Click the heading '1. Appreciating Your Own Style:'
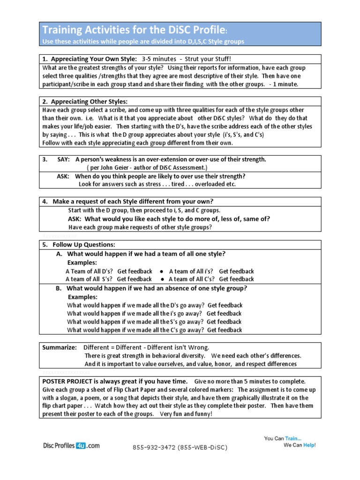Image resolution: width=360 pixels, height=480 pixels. click(89, 59)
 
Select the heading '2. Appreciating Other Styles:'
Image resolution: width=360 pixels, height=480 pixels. click(85, 101)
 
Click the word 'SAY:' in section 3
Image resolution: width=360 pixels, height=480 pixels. click(63, 159)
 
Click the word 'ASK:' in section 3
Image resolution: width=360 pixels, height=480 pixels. click(63, 176)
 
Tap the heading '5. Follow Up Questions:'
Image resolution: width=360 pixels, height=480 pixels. click(78, 245)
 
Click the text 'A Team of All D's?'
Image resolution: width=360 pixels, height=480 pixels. click(89, 271)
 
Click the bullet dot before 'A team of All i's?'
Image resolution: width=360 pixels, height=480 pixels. click(161, 271)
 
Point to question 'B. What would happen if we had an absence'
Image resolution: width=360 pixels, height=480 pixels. click(151, 288)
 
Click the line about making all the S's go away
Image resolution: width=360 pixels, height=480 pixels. click(154, 322)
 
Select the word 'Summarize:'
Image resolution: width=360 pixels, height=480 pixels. click(60, 347)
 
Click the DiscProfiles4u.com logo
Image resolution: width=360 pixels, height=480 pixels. click(71, 446)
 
